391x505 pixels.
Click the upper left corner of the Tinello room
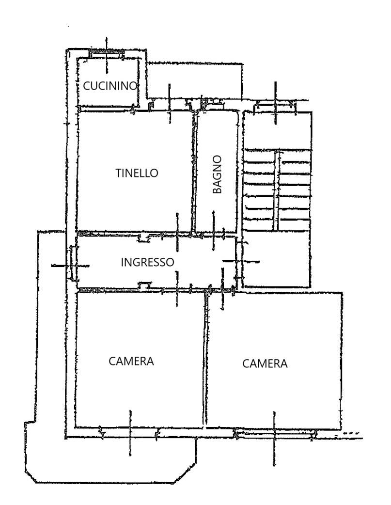click(78, 111)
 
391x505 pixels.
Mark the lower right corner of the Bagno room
click(237, 232)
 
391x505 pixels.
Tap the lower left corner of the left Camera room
click(76, 427)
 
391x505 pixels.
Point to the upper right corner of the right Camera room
click(341, 293)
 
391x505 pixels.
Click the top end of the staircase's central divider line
click(276, 151)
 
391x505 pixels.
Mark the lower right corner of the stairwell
click(311, 286)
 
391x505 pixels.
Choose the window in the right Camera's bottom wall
click(275, 433)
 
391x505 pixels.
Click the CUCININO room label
click(110, 86)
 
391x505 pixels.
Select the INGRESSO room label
click(147, 262)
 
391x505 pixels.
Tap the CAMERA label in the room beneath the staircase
click(265, 363)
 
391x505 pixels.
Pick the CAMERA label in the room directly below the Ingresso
click(131, 361)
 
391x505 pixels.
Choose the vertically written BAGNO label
click(218, 174)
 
